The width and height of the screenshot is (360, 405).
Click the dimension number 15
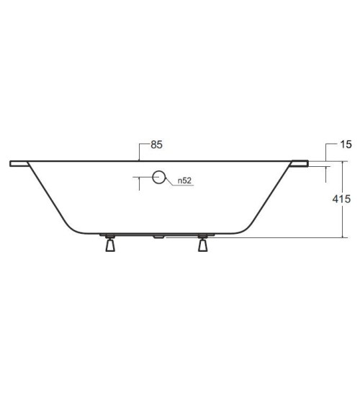pos(346,145)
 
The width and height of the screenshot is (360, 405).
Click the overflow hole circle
pos(158,176)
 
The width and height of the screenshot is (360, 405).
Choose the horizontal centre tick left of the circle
pos(142,176)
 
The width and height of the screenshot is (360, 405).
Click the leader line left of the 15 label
pos(328,150)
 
